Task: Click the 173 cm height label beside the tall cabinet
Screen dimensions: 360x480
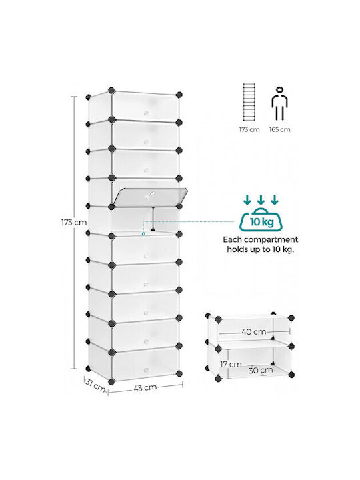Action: pos(74,222)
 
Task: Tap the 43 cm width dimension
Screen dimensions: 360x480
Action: pos(145,387)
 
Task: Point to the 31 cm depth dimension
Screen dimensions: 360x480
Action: pos(95,385)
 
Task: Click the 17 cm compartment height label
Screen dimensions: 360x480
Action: pos(231,364)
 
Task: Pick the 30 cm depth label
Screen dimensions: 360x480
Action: pos(261,370)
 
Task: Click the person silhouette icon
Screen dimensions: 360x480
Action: pos(279,104)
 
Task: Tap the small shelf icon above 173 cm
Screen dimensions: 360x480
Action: pos(249,103)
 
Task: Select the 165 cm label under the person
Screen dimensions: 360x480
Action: pos(279,129)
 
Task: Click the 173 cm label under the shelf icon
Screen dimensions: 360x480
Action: pos(249,129)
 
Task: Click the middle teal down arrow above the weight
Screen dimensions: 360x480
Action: pos(261,199)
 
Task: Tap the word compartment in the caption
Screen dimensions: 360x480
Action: pos(277,240)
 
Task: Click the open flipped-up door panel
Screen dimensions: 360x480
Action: pos(150,195)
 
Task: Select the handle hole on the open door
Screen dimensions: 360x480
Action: pos(152,193)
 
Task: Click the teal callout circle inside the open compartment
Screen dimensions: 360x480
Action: pos(143,234)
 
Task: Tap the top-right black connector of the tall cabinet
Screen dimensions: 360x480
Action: pos(179,95)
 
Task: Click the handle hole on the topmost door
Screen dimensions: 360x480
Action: pos(146,113)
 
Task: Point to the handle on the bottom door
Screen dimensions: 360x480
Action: pos(146,369)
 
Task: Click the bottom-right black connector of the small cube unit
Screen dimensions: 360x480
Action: pos(291,375)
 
